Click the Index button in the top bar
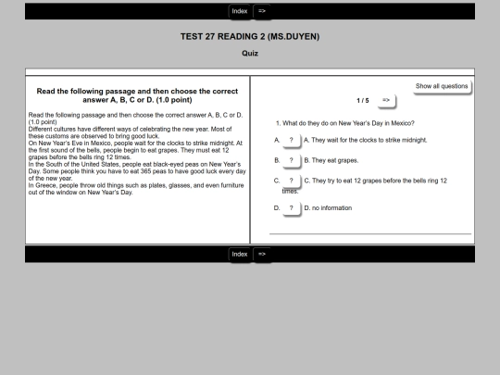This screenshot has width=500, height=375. pyautogui.click(x=240, y=11)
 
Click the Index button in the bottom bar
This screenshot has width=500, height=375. pyautogui.click(x=240, y=254)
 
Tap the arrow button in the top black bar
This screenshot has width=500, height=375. pyautogui.click(x=262, y=11)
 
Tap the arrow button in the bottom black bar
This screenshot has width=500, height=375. pyautogui.click(x=262, y=254)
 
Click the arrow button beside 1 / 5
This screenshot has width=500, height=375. pyautogui.click(x=386, y=100)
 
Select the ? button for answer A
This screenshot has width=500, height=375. pyautogui.click(x=291, y=141)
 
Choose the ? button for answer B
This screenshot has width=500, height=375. pyautogui.click(x=291, y=160)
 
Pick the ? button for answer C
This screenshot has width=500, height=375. pyautogui.click(x=291, y=181)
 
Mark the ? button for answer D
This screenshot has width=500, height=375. pyautogui.click(x=291, y=208)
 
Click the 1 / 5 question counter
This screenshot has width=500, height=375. pyautogui.click(x=363, y=101)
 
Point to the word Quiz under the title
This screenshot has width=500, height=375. pyautogui.click(x=250, y=54)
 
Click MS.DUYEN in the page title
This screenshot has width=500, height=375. pyautogui.click(x=294, y=37)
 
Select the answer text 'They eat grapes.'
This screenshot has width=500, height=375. pyautogui.click(x=335, y=161)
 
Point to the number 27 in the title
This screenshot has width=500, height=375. pyautogui.click(x=210, y=37)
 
